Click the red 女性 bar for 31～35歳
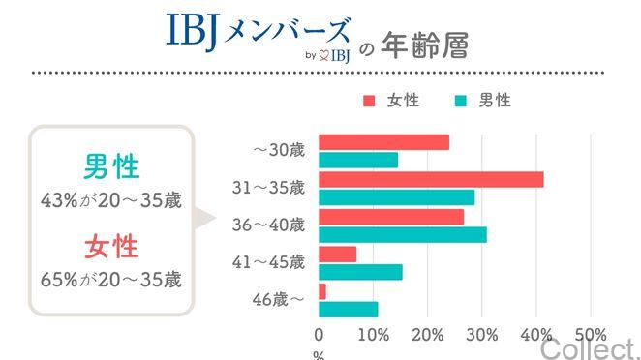click(431, 179)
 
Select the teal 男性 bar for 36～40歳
click(403, 234)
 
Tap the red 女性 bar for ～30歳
click(383, 142)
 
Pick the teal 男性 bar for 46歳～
click(349, 310)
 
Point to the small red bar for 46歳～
click(322, 291)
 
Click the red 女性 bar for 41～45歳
click(337, 254)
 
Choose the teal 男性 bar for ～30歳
click(358, 161)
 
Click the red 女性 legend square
click(369, 101)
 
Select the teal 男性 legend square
click(460, 101)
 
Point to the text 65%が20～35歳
click(111, 280)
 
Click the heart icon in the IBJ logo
click(323, 55)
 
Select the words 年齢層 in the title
click(426, 46)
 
